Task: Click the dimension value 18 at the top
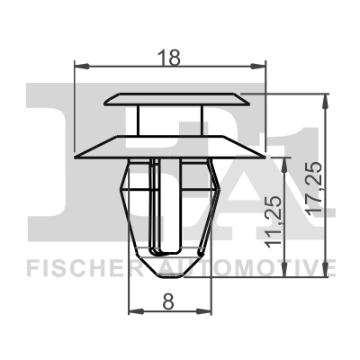(x=170, y=58)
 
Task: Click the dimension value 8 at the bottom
(x=168, y=301)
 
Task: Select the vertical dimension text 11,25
(x=274, y=222)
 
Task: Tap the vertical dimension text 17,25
(x=315, y=188)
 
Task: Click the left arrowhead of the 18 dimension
(x=82, y=67)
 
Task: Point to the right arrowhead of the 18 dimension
(x=258, y=67)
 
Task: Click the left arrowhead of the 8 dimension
(x=136, y=311)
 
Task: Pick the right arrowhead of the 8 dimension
(x=204, y=311)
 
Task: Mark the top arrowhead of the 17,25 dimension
(x=325, y=102)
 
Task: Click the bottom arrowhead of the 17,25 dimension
(x=325, y=269)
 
